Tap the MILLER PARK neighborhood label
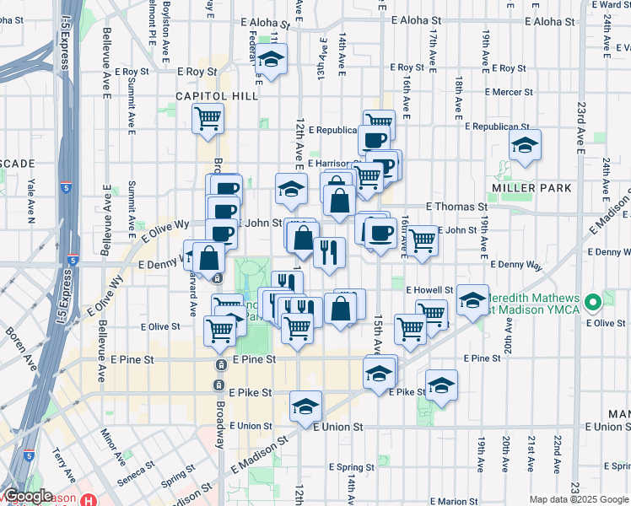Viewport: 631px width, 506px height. [x=532, y=187]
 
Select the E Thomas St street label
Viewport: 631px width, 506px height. [x=456, y=206]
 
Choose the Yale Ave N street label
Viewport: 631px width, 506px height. [x=31, y=202]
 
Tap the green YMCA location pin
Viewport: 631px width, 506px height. [x=595, y=301]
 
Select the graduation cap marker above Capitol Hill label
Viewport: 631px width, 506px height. [x=272, y=60]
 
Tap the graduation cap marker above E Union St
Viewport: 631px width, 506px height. [x=305, y=406]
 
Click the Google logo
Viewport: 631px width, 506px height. [x=28, y=497]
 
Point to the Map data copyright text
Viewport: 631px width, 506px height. [x=578, y=499]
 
